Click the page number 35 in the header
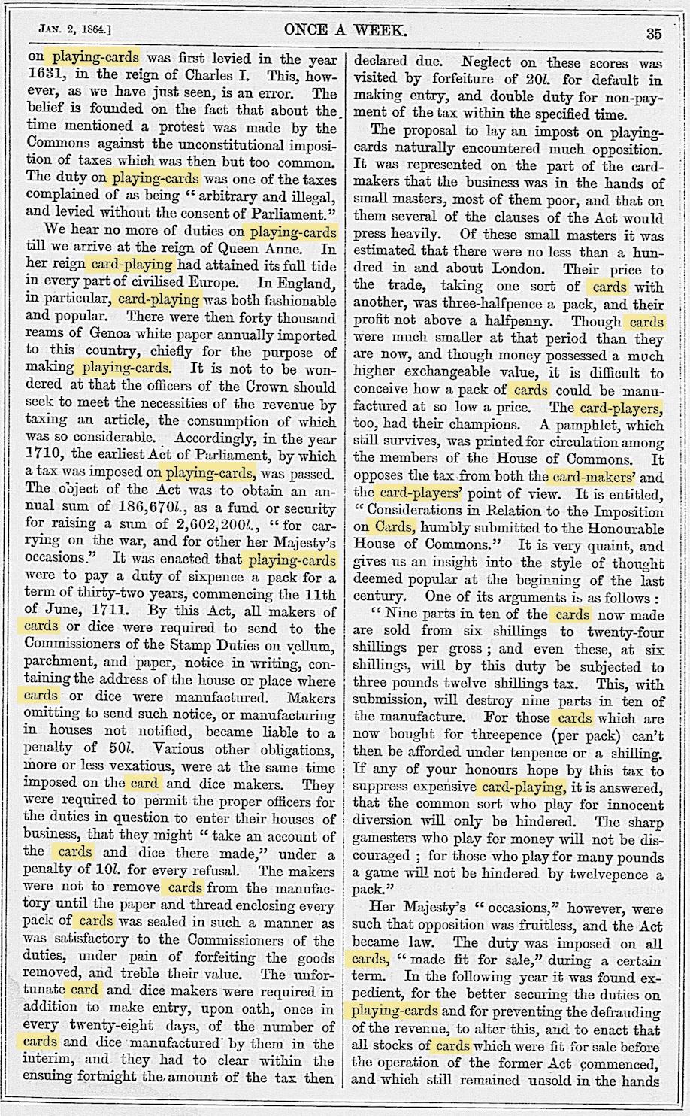pos(652,32)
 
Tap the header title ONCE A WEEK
pos(346,31)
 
